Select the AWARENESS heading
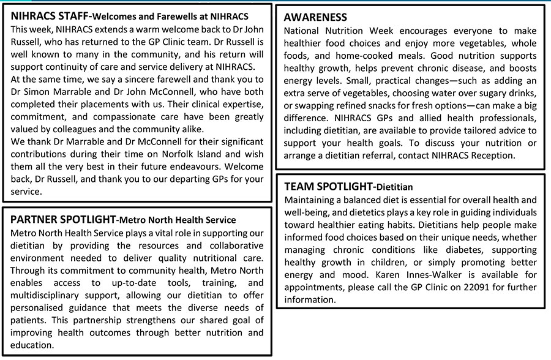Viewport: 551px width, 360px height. click(x=316, y=17)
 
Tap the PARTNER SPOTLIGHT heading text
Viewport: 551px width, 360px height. click(x=63, y=219)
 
